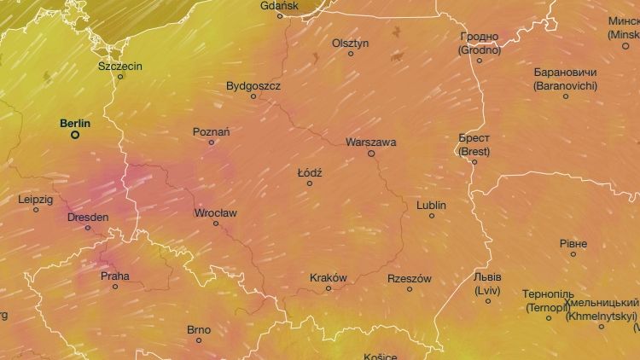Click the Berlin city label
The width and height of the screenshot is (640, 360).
pyautogui.click(x=75, y=124)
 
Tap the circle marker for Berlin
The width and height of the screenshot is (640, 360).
pyautogui.click(x=75, y=135)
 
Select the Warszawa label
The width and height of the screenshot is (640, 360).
pyautogui.click(x=371, y=142)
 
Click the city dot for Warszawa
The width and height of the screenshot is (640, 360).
pyautogui.click(x=371, y=154)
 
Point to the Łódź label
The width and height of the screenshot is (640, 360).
pyautogui.click(x=310, y=172)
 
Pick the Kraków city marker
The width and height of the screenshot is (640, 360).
pyautogui.click(x=329, y=288)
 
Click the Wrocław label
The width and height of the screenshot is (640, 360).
pyautogui.click(x=216, y=212)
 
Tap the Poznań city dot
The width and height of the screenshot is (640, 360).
pyautogui.click(x=212, y=142)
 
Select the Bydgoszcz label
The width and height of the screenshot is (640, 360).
pyautogui.click(x=253, y=85)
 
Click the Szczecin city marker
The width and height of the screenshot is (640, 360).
pyautogui.click(x=120, y=77)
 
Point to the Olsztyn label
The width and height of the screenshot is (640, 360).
pyautogui.click(x=351, y=43)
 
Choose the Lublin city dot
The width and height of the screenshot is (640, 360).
pyautogui.click(x=432, y=216)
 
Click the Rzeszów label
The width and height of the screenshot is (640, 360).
pyautogui.click(x=410, y=278)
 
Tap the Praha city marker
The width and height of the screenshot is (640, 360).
pyautogui.click(x=115, y=287)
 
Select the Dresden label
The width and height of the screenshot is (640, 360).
pyautogui.click(x=88, y=217)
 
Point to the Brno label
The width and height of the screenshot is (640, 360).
pyautogui.click(x=199, y=329)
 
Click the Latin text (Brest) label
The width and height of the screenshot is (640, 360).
pyautogui.click(x=474, y=151)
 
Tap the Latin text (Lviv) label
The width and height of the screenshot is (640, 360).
pyautogui.click(x=488, y=290)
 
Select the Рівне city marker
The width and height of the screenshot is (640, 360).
pyautogui.click(x=573, y=254)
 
